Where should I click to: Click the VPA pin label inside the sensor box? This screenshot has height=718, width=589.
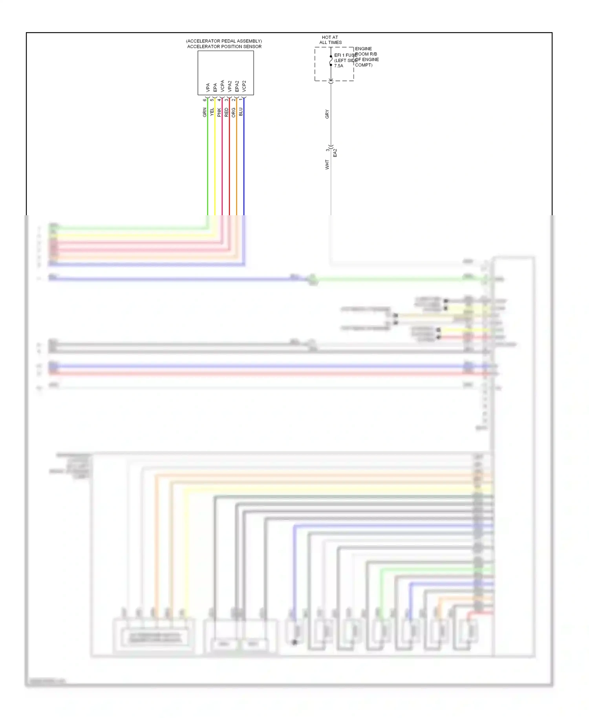(x=208, y=88)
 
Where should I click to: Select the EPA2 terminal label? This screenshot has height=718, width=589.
(x=237, y=86)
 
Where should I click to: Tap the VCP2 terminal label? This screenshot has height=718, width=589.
(x=244, y=86)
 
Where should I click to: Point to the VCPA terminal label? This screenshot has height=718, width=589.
(x=222, y=86)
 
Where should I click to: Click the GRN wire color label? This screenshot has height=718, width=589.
(x=205, y=113)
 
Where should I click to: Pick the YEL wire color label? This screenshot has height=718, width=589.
(x=212, y=112)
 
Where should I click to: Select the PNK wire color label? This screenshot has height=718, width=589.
(x=219, y=113)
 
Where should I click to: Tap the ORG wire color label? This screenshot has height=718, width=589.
(x=234, y=113)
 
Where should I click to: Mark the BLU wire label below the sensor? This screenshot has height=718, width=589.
(x=241, y=112)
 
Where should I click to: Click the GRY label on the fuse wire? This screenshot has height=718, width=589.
(x=327, y=114)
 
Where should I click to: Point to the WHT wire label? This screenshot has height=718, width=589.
(x=327, y=165)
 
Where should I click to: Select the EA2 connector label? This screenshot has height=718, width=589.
(x=335, y=153)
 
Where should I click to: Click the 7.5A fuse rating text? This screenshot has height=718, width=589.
(x=338, y=66)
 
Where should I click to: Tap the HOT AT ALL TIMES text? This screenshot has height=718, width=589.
(x=330, y=40)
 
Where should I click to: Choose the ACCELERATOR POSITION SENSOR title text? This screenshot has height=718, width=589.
(x=224, y=47)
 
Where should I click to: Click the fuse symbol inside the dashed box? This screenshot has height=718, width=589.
(x=331, y=61)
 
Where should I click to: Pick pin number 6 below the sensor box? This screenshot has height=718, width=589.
(x=205, y=100)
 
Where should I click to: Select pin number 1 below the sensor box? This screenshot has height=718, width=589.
(x=241, y=100)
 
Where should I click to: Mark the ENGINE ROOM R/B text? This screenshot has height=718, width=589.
(x=366, y=51)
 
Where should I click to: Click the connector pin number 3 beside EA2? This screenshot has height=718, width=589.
(x=327, y=150)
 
